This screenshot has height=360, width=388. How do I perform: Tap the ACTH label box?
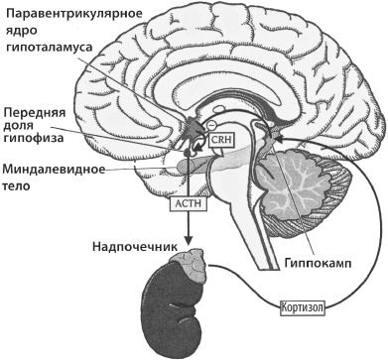187,203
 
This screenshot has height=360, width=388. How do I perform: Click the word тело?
17,185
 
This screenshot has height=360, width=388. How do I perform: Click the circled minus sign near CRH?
209,125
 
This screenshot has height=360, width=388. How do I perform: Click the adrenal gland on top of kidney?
185,262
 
